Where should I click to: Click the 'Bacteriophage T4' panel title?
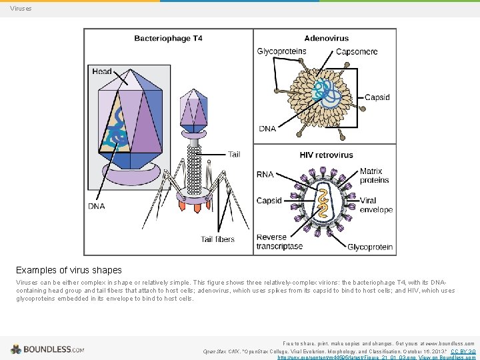pos(168,38)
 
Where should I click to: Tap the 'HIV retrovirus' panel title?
pos(326,155)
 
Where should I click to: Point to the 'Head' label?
pos(102,71)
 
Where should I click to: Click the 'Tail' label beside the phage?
pos(234,154)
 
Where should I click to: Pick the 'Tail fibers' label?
pos(218,239)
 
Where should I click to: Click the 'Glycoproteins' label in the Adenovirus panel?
pos(281,51)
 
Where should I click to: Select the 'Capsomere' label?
pos(357,51)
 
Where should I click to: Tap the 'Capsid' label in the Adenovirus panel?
pos(377,97)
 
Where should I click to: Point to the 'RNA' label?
pos(265,175)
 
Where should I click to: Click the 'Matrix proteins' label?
pos(374,176)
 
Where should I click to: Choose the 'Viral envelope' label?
pos(376,205)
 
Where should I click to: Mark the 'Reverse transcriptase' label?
pos(279,241)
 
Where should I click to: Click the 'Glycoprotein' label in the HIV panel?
pos(370,247)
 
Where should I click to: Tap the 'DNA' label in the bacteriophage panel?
pos(96,207)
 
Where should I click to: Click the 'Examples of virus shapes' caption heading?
pos(69,270)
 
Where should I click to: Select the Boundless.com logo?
pos(47,349)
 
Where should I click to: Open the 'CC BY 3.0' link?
pos(463,351)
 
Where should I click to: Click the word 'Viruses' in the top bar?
pos(21,9)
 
